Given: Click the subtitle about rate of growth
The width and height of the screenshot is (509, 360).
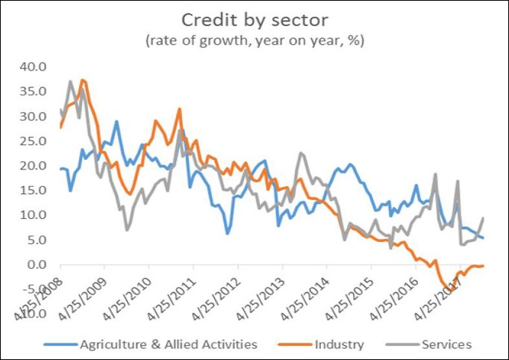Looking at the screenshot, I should pos(254,40).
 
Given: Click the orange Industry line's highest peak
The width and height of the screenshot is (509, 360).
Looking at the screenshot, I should pos(83,80).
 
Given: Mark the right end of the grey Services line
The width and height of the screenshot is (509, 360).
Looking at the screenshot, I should pos(484,218).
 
